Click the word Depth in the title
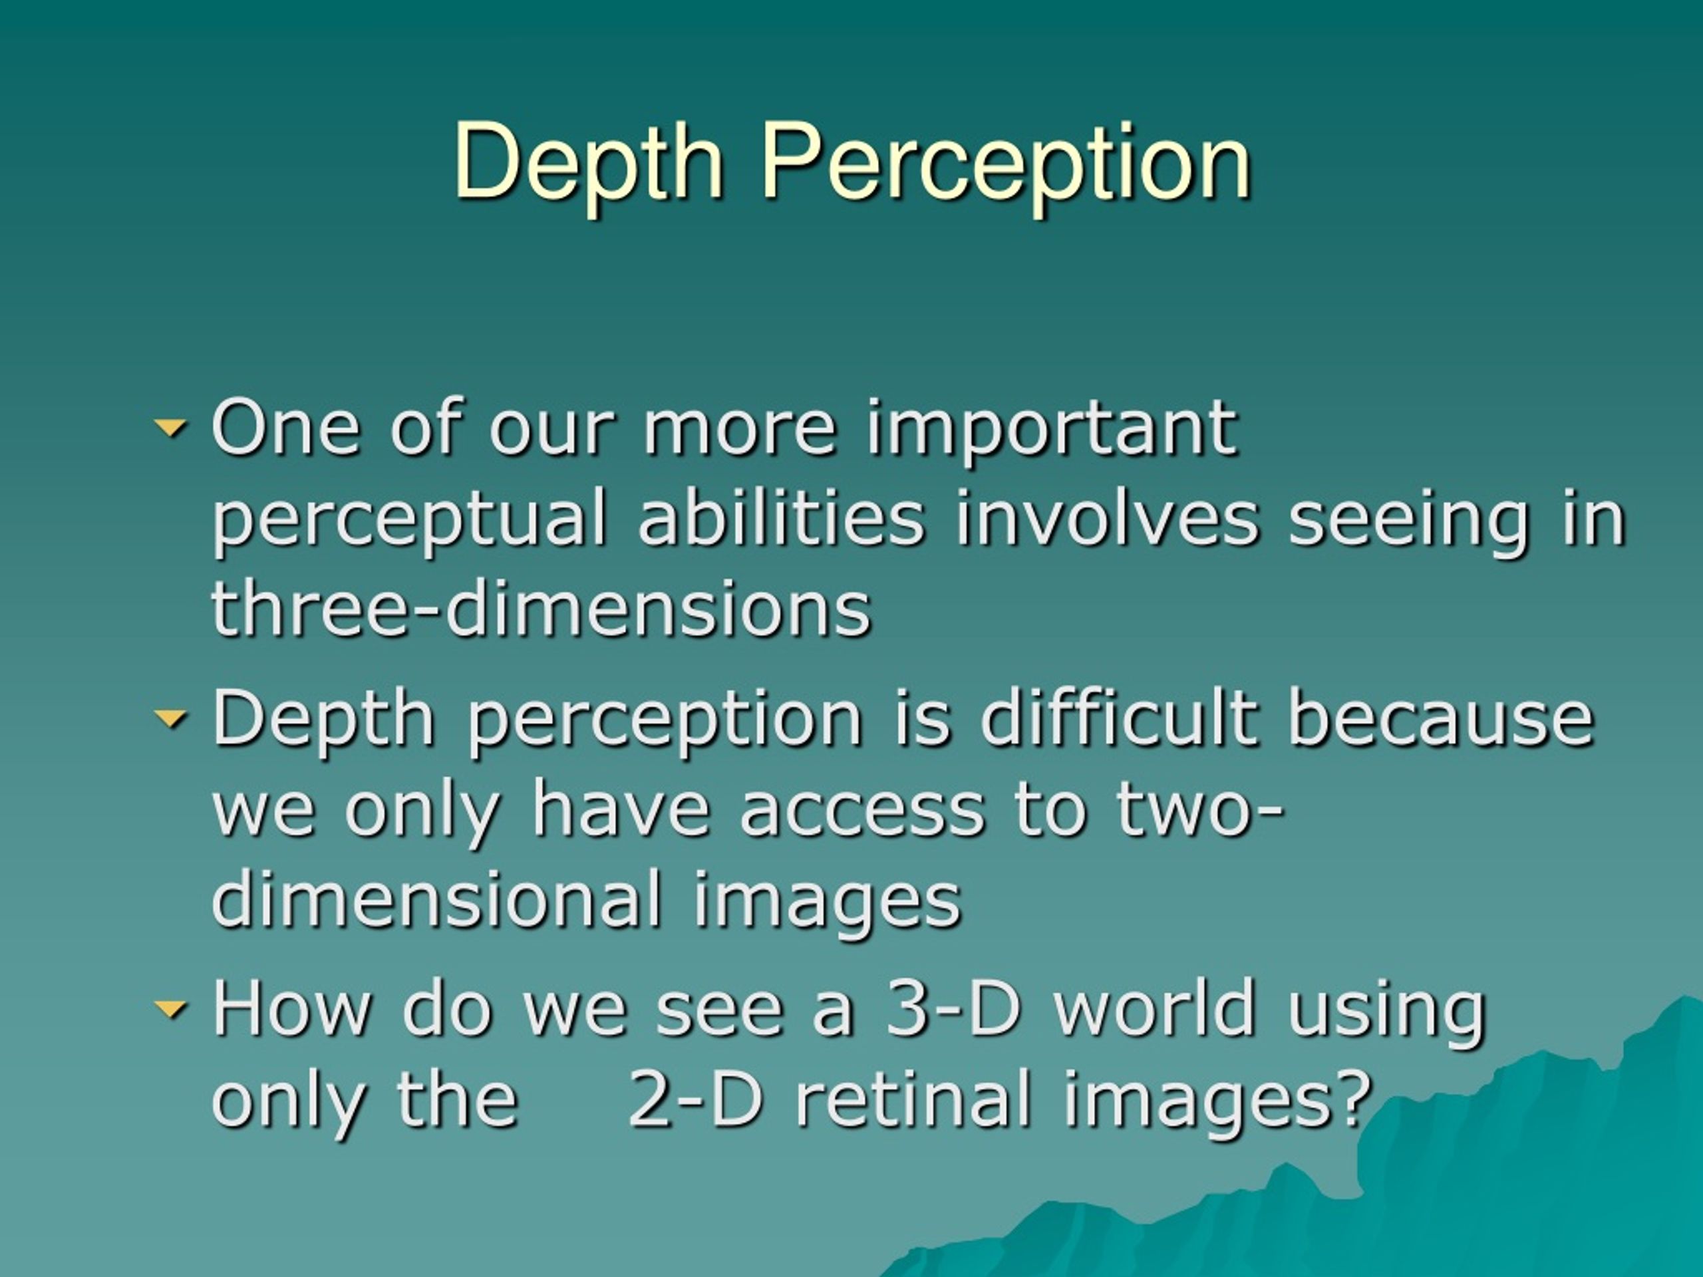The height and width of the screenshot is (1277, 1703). point(588,163)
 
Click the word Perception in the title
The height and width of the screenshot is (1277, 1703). point(1005,163)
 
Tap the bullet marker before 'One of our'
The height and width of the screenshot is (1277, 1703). point(170,426)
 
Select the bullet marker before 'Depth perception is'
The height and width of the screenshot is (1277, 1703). point(170,718)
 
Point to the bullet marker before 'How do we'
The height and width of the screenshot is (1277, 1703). point(170,1008)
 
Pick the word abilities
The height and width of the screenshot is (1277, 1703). point(781,519)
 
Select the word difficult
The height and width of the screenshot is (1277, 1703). point(1120,718)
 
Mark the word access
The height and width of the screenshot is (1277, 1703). point(862,810)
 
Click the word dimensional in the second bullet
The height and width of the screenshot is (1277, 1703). point(436,899)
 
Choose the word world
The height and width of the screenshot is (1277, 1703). point(1155,1008)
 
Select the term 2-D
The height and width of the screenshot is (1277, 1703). point(695,1099)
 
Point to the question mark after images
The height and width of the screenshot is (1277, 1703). point(1356,1099)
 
